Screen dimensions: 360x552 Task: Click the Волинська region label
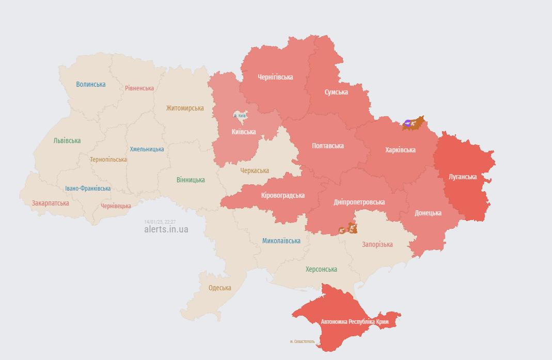click(x=91, y=84)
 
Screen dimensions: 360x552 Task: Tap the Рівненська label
click(x=139, y=88)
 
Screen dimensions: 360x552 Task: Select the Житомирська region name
click(x=185, y=108)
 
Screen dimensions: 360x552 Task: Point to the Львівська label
click(x=67, y=140)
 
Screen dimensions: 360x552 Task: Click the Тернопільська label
click(x=108, y=160)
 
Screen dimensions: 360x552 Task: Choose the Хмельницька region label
click(x=147, y=149)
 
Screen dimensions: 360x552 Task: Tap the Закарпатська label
click(x=51, y=203)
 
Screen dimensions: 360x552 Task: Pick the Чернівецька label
click(x=116, y=206)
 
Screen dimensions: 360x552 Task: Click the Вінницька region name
click(x=191, y=180)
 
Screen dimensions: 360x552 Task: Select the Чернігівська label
click(x=275, y=77)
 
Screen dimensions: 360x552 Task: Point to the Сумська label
click(x=336, y=92)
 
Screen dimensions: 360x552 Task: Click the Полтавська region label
click(x=328, y=146)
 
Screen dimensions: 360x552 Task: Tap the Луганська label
click(x=463, y=177)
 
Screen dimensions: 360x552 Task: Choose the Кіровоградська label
click(x=283, y=196)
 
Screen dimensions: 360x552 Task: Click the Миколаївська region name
click(x=281, y=241)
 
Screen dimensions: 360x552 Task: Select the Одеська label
click(x=220, y=288)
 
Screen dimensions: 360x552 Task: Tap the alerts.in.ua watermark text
click(x=166, y=229)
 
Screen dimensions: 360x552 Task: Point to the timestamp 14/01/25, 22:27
click(x=160, y=222)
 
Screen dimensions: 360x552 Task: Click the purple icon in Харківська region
click(x=407, y=123)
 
